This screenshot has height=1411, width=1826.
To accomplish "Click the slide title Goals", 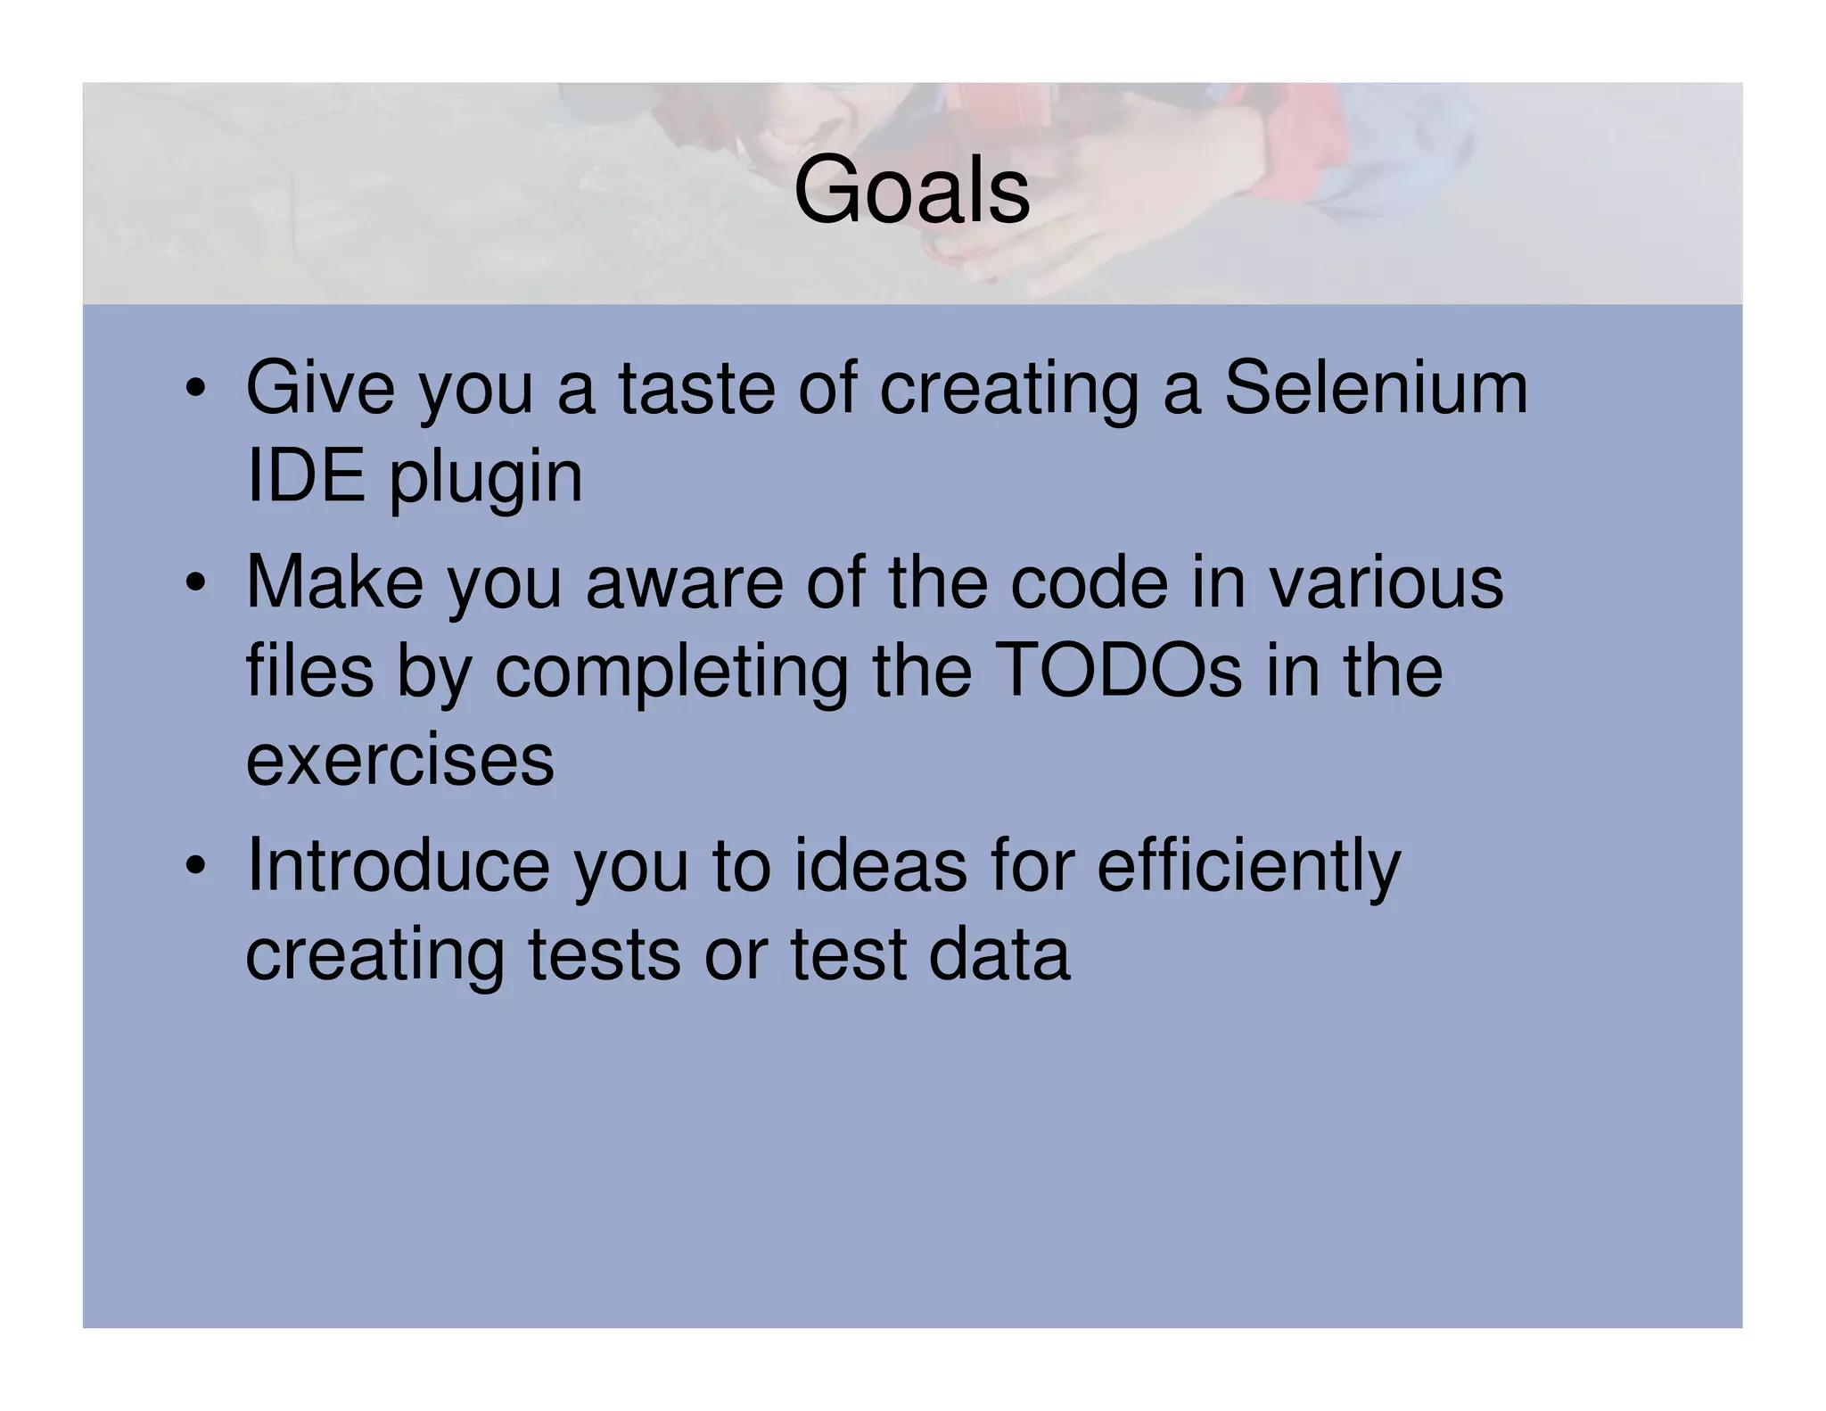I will (x=911, y=190).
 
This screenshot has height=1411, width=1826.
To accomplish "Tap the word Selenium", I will (x=1376, y=389).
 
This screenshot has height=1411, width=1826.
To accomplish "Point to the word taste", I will (x=696, y=389).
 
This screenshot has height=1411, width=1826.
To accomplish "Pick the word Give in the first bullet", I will (x=319, y=389).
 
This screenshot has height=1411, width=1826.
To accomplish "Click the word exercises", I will (x=399, y=761).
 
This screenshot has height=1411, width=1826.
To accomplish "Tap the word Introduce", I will (x=398, y=865).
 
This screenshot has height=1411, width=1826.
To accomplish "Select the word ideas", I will (x=880, y=865).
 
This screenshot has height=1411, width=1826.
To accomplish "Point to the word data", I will (x=999, y=954).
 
